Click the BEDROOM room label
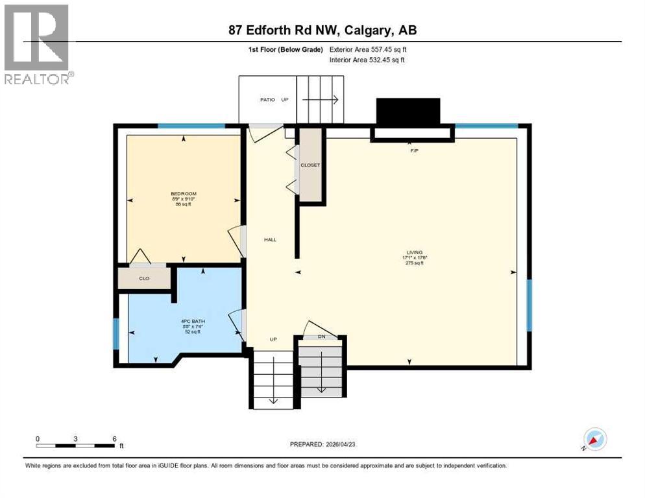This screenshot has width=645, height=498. tap(184, 194)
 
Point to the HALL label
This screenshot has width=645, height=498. tap(270, 240)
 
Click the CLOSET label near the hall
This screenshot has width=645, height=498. tap(310, 165)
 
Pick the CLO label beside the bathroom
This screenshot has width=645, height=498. tap(144, 278)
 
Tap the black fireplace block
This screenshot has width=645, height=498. tap(408, 111)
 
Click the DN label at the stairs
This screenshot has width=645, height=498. tap(321, 337)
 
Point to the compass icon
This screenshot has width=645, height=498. tap(595, 439)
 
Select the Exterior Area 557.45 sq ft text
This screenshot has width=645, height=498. tap(368, 49)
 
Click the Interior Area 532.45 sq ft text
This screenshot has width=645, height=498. tap(368, 60)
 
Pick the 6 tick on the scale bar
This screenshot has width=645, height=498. tap(114, 439)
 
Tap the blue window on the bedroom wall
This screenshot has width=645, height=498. tap(191, 126)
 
